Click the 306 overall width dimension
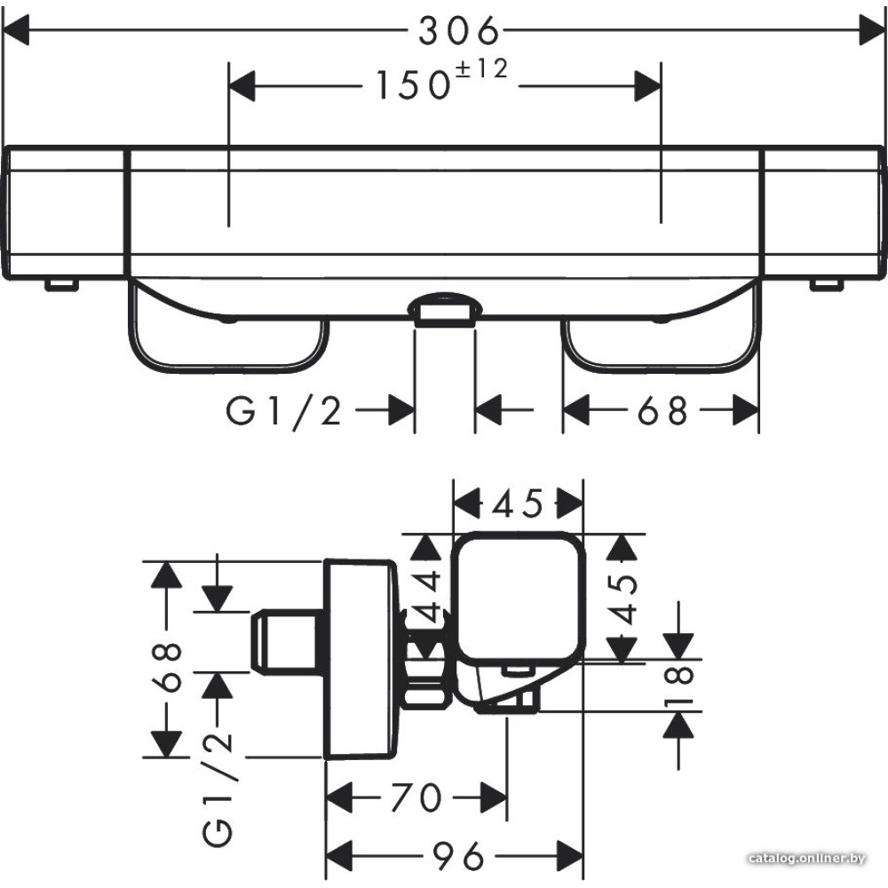tap(459, 30)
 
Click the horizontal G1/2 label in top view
tap(284, 410)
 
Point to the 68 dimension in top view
tap(662, 410)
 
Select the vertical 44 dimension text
tap(426, 597)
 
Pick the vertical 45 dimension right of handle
tap(622, 599)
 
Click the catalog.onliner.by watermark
tap(807, 859)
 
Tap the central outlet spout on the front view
tap(445, 310)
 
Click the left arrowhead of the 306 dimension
tap(16, 30)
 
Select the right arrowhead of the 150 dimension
tap(648, 86)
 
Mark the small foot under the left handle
tap(62, 285)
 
